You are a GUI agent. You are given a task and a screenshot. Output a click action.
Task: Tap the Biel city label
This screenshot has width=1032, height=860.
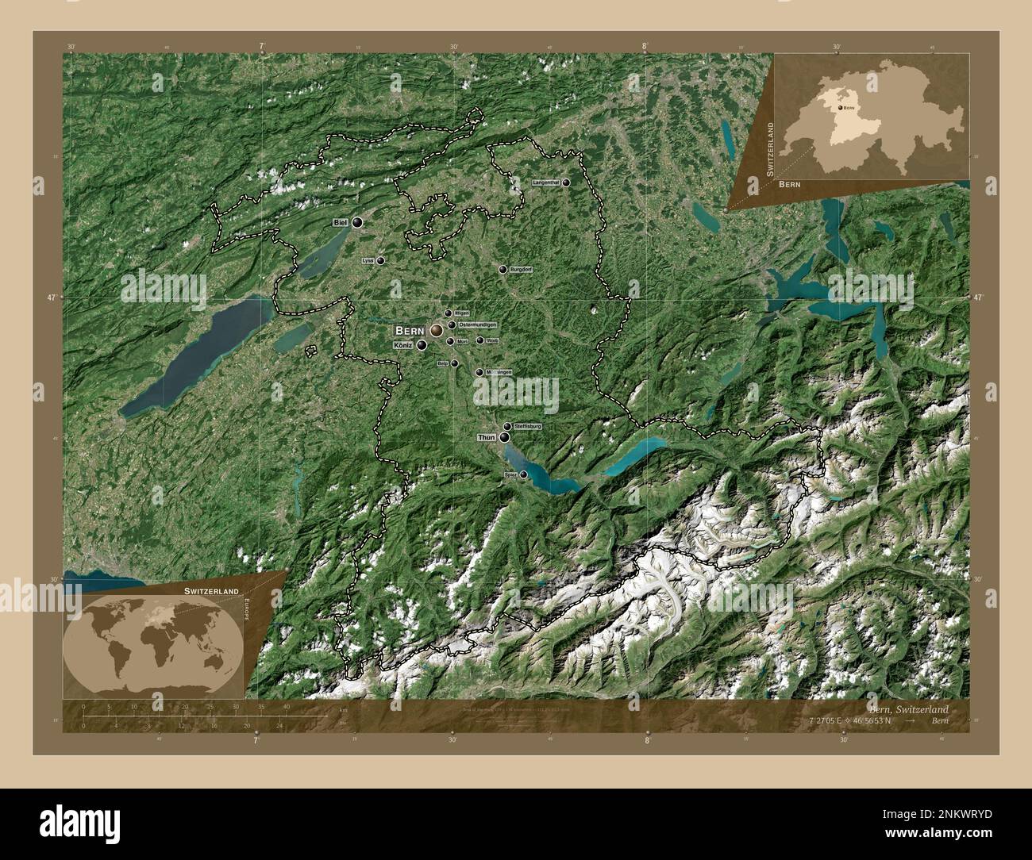(x=341, y=223)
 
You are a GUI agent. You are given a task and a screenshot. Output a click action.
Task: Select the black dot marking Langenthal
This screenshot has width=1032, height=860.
(x=566, y=182)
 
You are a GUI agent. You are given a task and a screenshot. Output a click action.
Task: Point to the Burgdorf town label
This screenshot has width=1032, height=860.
(x=521, y=270)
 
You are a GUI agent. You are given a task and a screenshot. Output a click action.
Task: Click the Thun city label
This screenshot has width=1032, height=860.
(x=487, y=437)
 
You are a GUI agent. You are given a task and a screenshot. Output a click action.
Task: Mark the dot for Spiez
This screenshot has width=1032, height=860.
(x=523, y=474)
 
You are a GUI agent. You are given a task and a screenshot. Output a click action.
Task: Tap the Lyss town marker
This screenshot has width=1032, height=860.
(x=380, y=260)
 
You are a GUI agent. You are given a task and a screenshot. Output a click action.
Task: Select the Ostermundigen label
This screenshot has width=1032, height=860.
(x=477, y=325)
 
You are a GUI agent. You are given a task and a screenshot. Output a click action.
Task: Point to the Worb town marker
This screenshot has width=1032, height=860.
(x=480, y=340)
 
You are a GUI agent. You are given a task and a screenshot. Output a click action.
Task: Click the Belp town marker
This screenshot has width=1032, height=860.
(x=454, y=364)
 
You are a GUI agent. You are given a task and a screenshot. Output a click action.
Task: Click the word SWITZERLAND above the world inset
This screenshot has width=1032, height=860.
(x=211, y=592)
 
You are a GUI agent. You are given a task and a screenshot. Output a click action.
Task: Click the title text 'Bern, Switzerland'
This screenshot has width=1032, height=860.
(x=907, y=708)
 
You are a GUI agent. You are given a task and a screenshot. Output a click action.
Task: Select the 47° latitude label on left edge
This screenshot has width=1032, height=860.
(x=52, y=298)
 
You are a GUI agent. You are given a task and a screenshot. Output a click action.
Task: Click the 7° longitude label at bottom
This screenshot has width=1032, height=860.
(x=256, y=740)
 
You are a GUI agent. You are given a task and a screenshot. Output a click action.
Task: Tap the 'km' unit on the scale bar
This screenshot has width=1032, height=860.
(x=343, y=709)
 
